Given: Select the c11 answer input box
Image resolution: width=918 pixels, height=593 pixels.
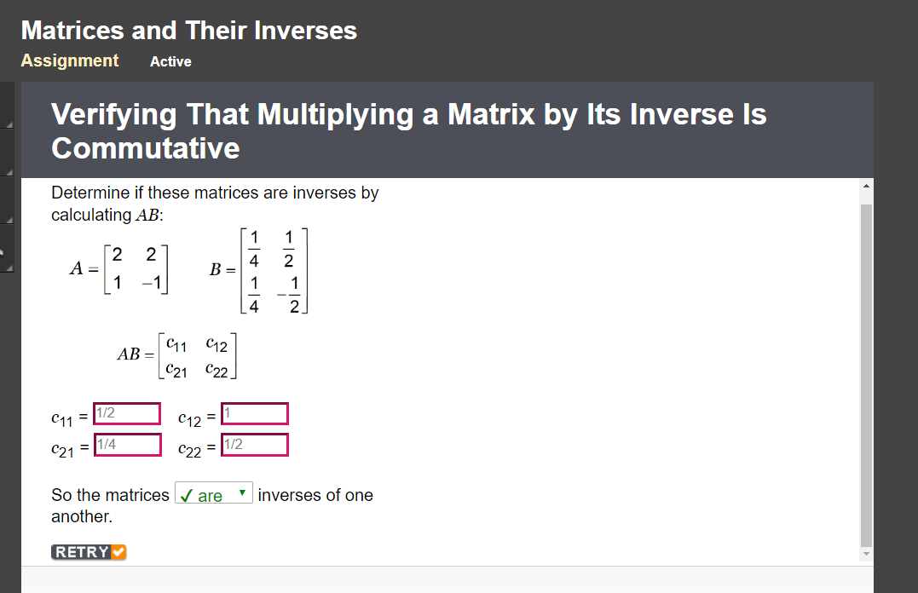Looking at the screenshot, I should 126,413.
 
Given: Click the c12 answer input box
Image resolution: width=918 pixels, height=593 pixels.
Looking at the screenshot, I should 254,413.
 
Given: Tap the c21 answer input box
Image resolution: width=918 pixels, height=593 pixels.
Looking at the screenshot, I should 126,445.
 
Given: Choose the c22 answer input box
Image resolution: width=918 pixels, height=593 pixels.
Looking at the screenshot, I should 254,445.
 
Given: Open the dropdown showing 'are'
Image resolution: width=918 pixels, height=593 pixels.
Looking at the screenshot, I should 214,495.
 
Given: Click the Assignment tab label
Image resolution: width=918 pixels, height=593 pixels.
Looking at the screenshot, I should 70,60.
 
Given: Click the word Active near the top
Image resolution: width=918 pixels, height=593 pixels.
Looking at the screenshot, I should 170,61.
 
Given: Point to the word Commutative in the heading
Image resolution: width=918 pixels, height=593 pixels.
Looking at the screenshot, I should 146,148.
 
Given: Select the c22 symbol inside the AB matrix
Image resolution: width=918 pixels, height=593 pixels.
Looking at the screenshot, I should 217,370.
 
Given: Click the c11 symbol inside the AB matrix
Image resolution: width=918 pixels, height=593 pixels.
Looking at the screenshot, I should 176,345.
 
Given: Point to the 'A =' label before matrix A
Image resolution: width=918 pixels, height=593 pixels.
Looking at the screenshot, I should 83,268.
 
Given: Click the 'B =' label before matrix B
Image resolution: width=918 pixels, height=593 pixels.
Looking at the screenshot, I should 222,269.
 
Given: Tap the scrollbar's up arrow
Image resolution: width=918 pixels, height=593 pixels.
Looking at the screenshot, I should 867,186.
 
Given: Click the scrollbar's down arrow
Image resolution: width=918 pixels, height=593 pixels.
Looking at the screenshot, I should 867,555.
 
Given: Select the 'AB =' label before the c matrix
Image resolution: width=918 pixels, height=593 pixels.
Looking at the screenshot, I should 136,354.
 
